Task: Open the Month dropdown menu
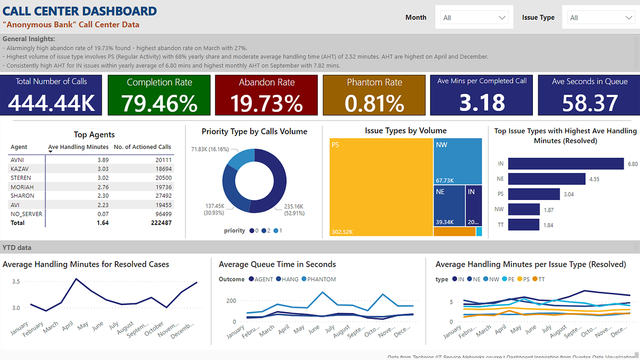474,18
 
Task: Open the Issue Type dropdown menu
601,18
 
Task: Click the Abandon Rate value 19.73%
266,103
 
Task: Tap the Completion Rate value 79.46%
159,103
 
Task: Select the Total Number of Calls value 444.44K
51,103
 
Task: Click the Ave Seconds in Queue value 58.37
590,103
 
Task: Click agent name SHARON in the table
22,196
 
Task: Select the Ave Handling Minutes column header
78,147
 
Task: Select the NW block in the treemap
458,160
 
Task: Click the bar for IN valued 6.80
566,164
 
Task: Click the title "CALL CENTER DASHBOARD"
80,11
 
